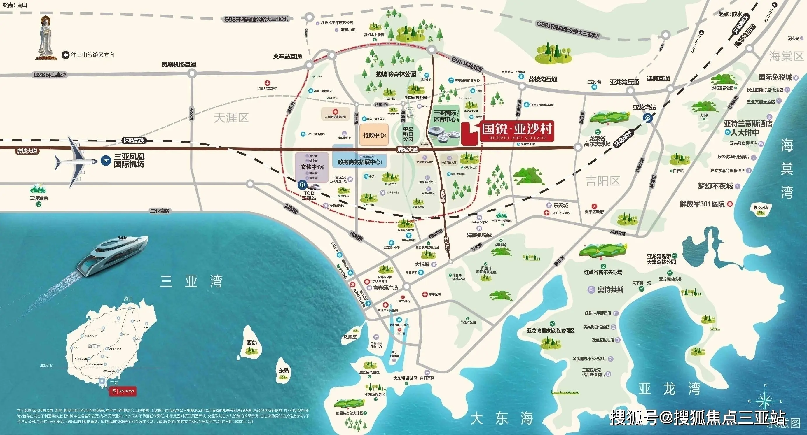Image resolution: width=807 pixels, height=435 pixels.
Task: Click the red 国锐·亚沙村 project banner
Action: click(x=517, y=131)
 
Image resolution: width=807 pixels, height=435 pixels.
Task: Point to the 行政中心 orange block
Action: click(x=374, y=135)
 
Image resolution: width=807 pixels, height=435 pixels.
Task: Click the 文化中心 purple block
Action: click(x=312, y=167)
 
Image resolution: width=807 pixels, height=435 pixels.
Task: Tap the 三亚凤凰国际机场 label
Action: click(x=129, y=160)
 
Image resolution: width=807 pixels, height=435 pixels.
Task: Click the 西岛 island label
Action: click(x=251, y=343)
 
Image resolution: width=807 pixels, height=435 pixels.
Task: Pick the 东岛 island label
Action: click(x=284, y=371)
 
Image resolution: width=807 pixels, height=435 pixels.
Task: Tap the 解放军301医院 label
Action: click(x=702, y=204)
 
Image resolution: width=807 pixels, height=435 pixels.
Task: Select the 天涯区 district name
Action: click(x=231, y=118)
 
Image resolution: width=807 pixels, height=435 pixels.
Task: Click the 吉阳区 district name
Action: click(x=603, y=181)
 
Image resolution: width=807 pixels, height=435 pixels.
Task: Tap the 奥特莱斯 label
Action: click(x=610, y=290)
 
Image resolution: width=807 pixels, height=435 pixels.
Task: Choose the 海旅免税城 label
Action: click(x=479, y=235)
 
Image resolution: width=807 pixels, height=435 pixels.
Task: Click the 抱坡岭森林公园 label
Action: click(x=396, y=74)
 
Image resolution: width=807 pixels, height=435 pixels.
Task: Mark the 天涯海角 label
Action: click(x=39, y=198)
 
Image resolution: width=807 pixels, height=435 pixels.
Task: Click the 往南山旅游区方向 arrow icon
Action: click(x=65, y=55)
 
